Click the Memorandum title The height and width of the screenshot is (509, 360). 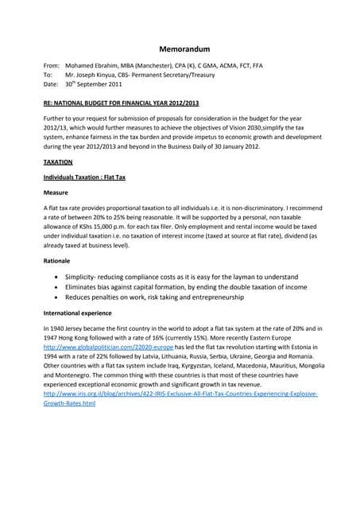click(180, 49)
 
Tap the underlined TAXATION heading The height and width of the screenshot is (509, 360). click(57, 161)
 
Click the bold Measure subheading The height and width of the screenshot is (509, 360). click(56, 193)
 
